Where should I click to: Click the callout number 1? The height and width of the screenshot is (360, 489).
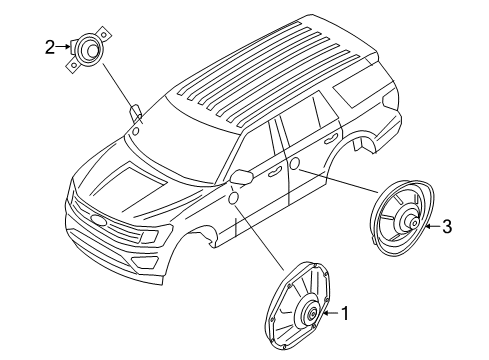click(x=346, y=314)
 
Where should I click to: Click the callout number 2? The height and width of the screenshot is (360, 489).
click(x=48, y=45)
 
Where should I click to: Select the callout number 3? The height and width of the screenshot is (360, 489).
click(x=447, y=227)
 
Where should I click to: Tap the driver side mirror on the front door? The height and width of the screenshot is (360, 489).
click(x=240, y=177)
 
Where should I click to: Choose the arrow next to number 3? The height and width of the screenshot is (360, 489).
click(x=431, y=227)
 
